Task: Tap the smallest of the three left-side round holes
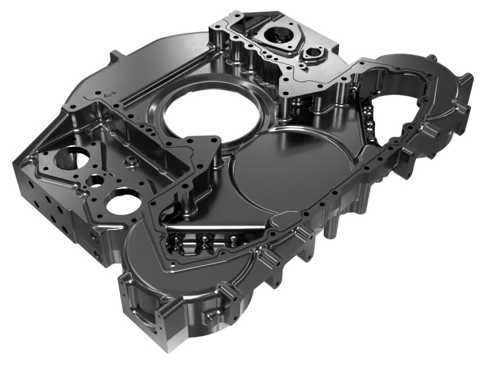click(x=95, y=181)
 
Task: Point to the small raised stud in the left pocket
click(x=129, y=163)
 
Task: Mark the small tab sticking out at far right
click(x=467, y=78)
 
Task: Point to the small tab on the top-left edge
click(x=113, y=57)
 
